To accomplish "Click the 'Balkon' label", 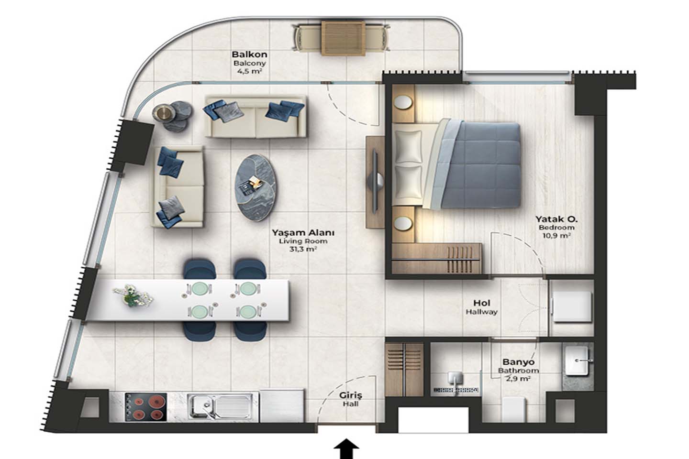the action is click(x=249, y=55).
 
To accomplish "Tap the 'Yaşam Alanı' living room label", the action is click(x=303, y=233).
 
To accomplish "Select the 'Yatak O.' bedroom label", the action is click(x=556, y=219).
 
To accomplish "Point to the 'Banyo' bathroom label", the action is click(x=518, y=362).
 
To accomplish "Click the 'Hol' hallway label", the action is click(x=482, y=303).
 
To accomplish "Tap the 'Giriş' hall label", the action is click(x=351, y=395).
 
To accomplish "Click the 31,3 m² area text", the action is click(x=303, y=249).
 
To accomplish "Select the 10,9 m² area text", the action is click(x=557, y=236).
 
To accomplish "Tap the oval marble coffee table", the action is click(x=257, y=188).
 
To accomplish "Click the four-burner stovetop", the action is click(x=146, y=407).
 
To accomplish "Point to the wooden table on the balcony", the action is click(x=344, y=38).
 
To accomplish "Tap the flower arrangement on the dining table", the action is click(x=132, y=296).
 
